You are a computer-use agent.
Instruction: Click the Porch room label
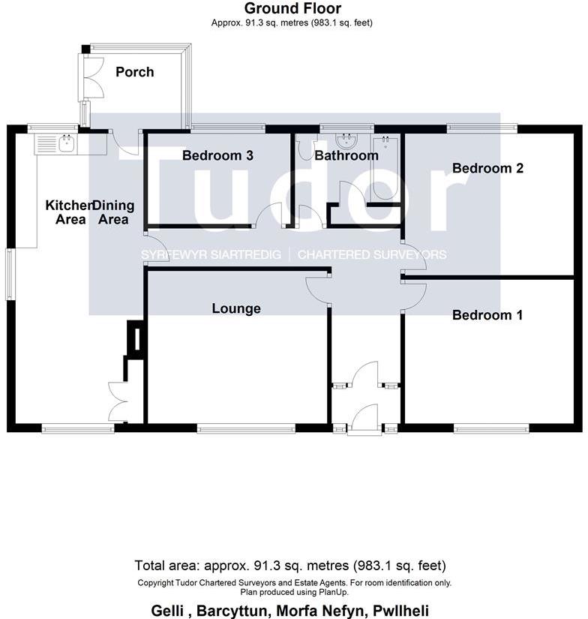135,72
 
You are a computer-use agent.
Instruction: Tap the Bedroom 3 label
217,155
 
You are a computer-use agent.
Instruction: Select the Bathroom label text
346,155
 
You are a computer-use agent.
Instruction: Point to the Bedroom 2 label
487,168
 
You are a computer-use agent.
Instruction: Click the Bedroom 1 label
487,315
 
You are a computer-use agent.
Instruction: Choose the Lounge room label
236,308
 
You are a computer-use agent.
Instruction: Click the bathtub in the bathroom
386,168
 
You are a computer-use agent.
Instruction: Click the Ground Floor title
292,9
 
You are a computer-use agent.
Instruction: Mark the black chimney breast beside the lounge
136,337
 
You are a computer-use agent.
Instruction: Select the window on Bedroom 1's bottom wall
491,429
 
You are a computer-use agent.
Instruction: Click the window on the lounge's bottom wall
246,429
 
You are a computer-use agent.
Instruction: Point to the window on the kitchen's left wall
9,274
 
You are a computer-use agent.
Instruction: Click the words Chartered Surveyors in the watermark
372,255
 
